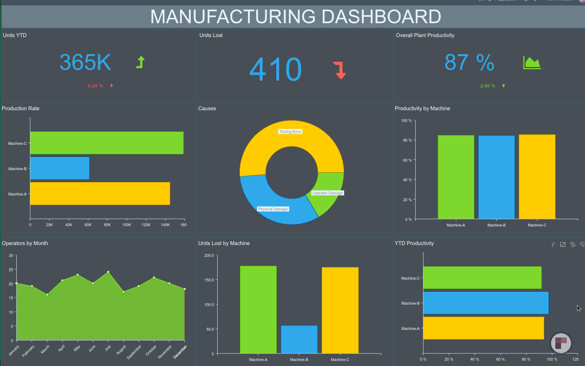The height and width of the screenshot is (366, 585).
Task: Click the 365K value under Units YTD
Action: pos(85,62)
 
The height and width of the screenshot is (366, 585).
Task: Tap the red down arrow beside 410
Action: pos(340,70)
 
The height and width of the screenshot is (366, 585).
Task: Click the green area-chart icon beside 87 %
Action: pos(532,63)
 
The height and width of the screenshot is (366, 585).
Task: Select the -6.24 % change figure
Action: pos(95,86)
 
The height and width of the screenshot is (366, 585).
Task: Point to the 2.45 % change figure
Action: pos(488,86)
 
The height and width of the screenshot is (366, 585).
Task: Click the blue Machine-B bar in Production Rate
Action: pos(60,168)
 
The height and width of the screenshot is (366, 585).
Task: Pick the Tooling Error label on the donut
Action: pos(290,132)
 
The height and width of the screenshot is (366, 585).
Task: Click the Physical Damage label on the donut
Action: pos(273,209)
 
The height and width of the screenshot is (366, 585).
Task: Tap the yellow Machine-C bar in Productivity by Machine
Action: pos(537,177)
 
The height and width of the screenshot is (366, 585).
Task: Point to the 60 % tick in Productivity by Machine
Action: pos(407,160)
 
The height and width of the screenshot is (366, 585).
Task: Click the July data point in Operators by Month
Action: pos(108,272)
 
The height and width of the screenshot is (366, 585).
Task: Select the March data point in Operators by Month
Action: pos(47,295)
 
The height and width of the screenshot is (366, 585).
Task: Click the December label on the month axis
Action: pos(180,352)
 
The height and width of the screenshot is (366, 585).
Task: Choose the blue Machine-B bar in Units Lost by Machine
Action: pos(299,339)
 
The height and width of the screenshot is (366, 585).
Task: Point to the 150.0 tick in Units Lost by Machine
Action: pos(209,280)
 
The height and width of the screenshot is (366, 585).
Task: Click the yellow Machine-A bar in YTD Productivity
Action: pos(484,328)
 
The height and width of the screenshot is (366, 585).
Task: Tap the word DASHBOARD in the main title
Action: pos(381,17)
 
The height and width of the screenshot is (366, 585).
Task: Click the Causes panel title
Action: pos(207,108)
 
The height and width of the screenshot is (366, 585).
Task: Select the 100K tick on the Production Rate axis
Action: pos(127,225)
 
